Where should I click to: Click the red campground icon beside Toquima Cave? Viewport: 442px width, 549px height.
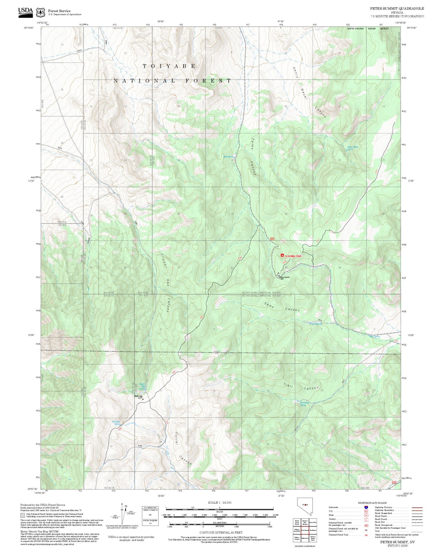(x=282, y=256)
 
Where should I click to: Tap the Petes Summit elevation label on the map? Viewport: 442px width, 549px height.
(x=285, y=278)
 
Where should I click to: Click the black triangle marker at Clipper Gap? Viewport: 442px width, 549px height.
(x=143, y=399)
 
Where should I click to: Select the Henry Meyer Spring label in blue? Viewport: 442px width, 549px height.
(x=352, y=148)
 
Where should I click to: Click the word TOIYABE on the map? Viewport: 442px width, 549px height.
(x=169, y=66)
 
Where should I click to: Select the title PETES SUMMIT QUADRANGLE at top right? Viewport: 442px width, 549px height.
(x=397, y=9)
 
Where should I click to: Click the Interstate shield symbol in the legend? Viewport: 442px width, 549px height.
(x=366, y=507)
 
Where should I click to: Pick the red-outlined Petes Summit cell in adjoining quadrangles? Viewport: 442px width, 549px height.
(x=305, y=530)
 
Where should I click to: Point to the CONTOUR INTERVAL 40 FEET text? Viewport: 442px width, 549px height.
(x=221, y=532)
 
